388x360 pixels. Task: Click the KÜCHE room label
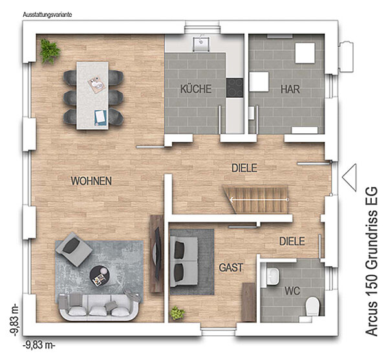point(196,89)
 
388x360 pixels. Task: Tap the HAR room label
point(290,89)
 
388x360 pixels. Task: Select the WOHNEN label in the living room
point(91,181)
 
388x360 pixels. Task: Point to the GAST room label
point(231,267)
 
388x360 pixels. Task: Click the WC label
point(292,291)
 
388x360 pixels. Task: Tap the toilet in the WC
point(312,306)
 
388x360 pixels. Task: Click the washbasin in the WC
point(273,276)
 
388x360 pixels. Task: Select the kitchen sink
point(201,44)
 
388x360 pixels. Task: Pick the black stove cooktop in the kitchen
point(235,87)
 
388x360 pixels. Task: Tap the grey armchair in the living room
point(74,249)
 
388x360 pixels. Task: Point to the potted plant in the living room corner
point(50,51)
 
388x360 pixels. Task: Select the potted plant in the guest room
point(177,313)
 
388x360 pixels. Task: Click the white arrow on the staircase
point(259,199)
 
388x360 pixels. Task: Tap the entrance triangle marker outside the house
point(349,177)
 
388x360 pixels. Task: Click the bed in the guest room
point(184,262)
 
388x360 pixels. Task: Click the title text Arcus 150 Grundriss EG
point(372,262)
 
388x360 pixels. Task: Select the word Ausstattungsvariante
point(47,15)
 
